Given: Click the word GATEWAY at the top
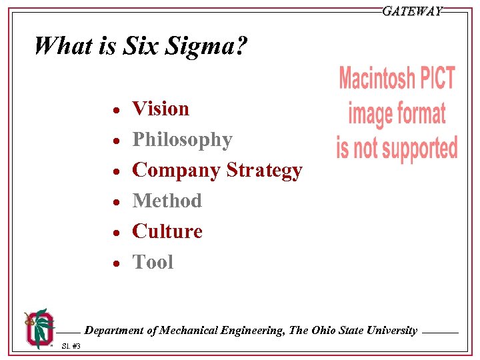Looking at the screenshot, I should click(412, 11).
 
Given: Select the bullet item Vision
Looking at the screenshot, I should click(161, 108).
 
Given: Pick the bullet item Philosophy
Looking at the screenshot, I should click(182, 139).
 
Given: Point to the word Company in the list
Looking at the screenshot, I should click(177, 170).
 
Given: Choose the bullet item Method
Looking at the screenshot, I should click(167, 200).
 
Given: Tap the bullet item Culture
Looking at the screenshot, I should click(167, 231).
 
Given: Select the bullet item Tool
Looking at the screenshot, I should click(153, 262).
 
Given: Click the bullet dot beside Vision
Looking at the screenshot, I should click(115, 110).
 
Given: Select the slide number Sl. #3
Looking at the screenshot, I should click(71, 346).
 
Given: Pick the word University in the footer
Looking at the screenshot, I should click(390, 330).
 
